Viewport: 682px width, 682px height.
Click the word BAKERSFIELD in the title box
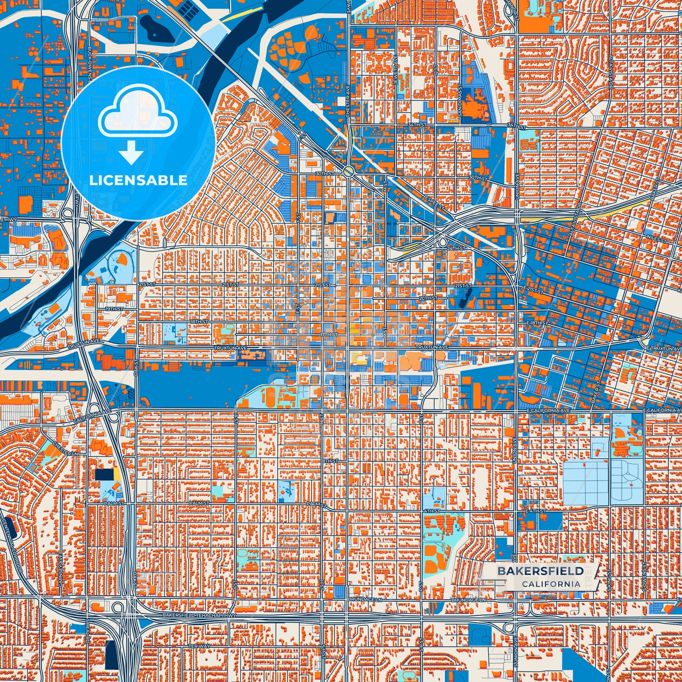[540, 571]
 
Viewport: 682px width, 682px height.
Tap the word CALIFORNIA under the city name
[551, 584]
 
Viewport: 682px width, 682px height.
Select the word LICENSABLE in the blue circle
[138, 180]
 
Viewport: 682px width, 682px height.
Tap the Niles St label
[657, 239]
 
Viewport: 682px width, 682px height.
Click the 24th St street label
[456, 248]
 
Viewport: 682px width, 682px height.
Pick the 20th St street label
[427, 298]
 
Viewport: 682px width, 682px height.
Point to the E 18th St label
[537, 323]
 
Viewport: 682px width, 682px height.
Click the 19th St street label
[114, 309]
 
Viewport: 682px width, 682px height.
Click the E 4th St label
[535, 511]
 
